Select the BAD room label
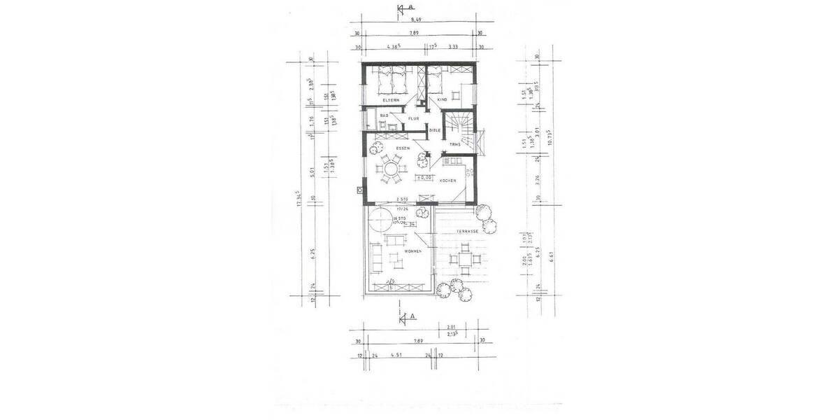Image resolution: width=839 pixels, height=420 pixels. click(x=384, y=116)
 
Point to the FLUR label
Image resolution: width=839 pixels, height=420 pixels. click(x=413, y=118)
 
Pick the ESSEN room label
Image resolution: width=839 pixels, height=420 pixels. click(x=402, y=148)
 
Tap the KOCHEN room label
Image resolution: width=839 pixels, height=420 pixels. click(x=447, y=181)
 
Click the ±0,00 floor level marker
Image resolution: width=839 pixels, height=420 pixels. click(x=423, y=178)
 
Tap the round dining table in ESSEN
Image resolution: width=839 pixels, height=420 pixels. click(x=389, y=169)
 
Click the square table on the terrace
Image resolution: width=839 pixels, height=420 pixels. click(x=464, y=261)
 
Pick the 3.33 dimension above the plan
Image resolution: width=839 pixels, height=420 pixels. click(x=453, y=47)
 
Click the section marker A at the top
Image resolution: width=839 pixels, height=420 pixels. click(x=403, y=9)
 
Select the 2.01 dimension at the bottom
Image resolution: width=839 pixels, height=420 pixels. click(x=451, y=326)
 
